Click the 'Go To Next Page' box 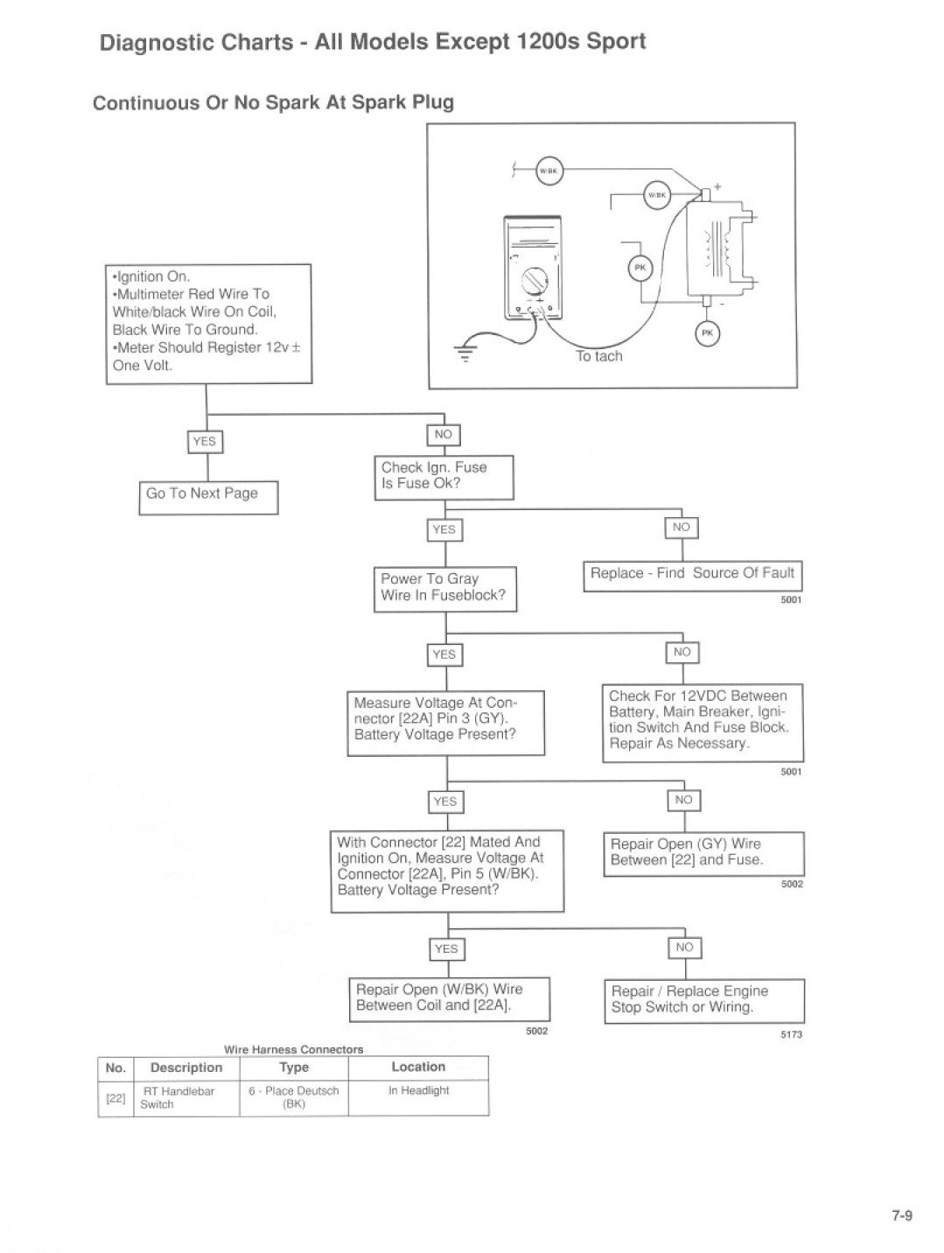coord(208,498)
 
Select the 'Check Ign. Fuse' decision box coord(444,477)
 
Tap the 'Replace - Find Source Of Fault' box coord(692,576)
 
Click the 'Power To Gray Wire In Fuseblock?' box coord(445,589)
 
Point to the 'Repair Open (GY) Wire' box coord(703,854)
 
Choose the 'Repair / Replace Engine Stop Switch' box coord(704,1001)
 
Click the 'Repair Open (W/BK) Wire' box coord(449,999)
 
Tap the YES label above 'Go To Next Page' coord(205,442)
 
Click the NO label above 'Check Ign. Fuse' coord(444,435)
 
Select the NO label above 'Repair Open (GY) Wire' coord(684,801)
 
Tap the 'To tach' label coord(598,356)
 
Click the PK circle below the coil coord(707,334)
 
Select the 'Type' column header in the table coord(294,1067)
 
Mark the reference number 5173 coord(791,1034)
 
